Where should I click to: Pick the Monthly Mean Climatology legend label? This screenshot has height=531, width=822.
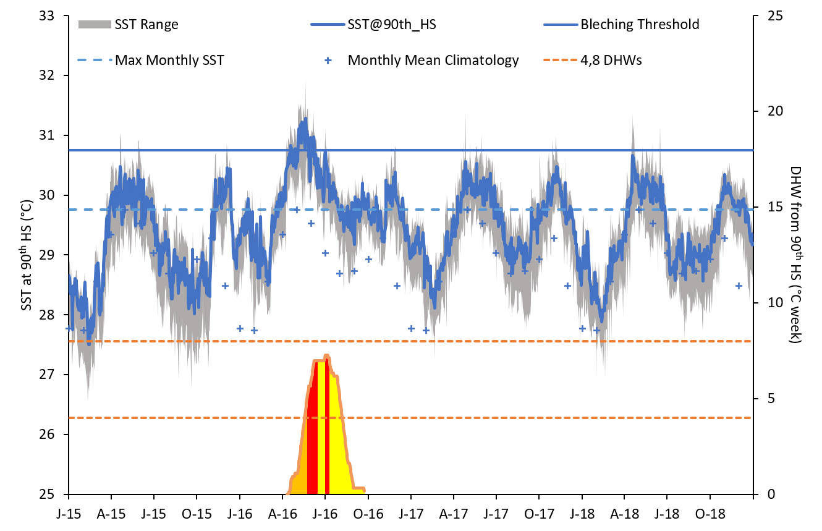pos(433,61)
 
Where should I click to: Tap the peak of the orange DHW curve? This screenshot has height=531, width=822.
pos(326,355)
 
